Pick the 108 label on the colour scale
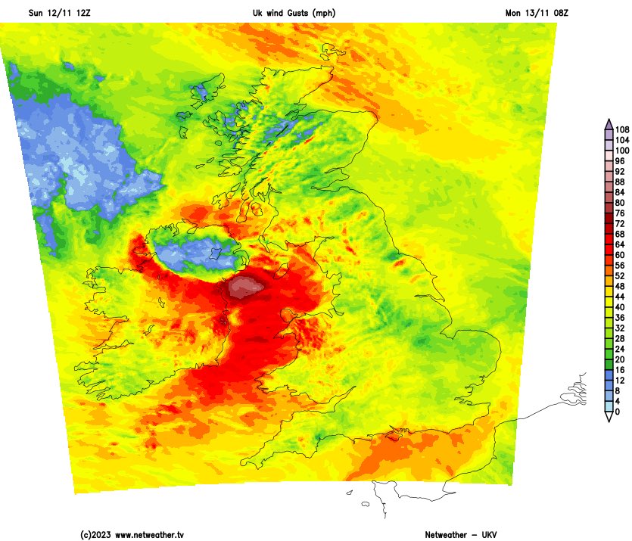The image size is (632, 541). point(623,130)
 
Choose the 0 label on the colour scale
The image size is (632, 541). point(618,412)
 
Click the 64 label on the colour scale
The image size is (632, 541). point(621,245)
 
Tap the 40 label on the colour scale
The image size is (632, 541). point(621,308)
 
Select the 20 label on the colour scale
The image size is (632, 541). point(621,360)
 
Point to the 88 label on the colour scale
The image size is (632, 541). point(621,182)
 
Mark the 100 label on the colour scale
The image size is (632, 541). point(623,151)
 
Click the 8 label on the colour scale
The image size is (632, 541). point(618,391)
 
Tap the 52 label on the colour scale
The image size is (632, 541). point(621,276)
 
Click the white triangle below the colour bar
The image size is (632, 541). point(609,417)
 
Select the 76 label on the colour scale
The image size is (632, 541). point(621,213)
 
